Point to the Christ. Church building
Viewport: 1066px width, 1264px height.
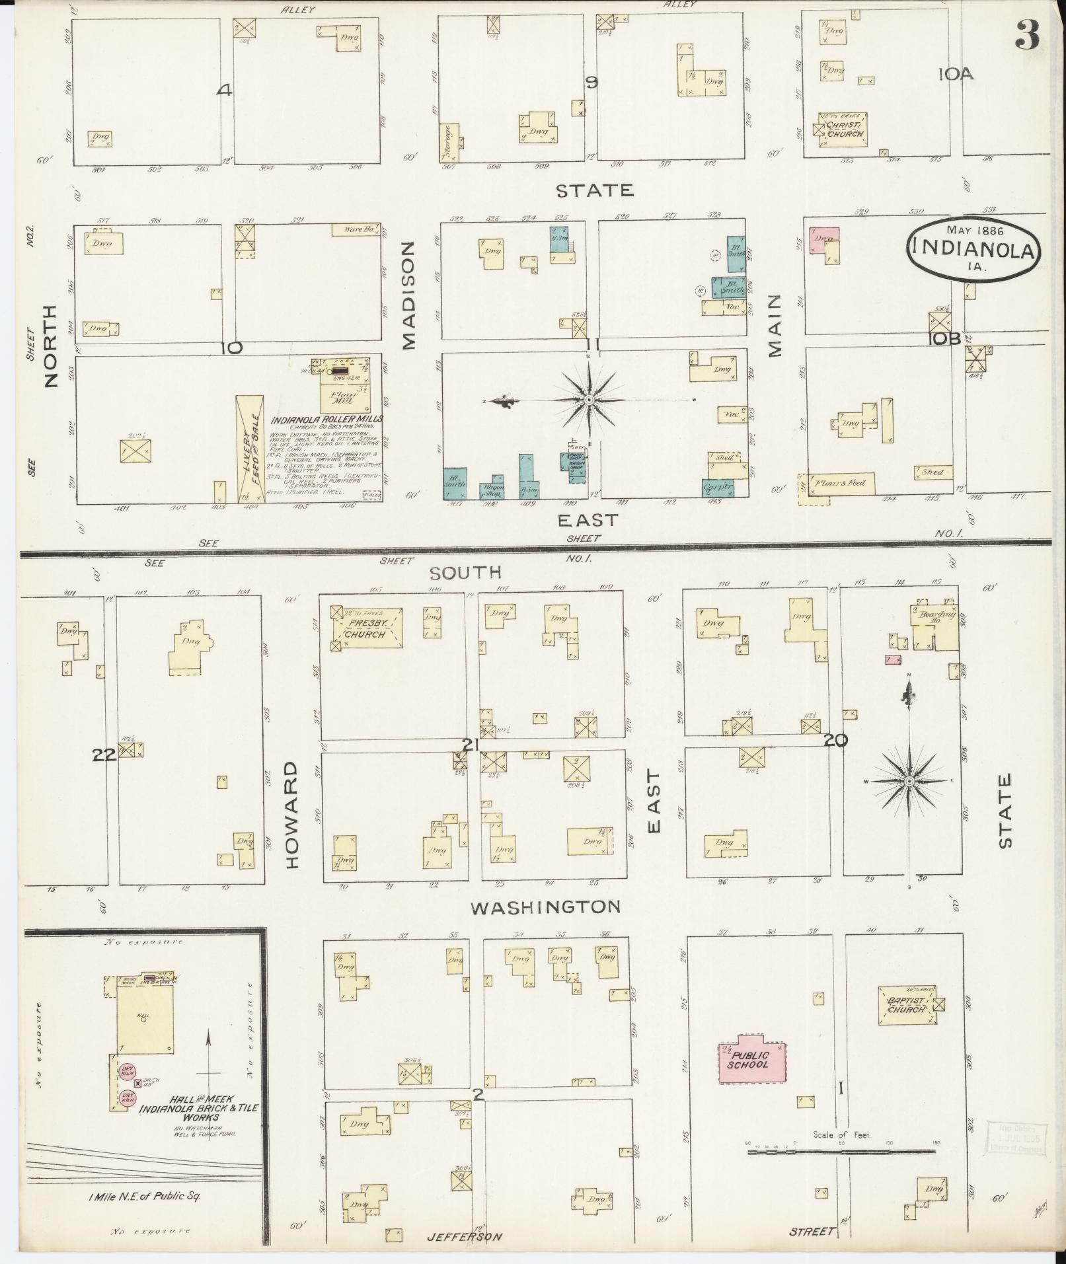tap(843, 130)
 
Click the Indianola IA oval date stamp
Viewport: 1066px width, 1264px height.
tap(975, 248)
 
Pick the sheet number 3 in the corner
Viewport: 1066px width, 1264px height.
tap(1028, 36)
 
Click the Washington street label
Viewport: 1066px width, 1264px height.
tap(545, 907)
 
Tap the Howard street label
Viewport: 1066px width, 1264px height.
tap(293, 814)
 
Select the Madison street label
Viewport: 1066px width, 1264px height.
tap(408, 295)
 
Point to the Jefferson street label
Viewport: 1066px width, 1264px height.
tap(463, 1236)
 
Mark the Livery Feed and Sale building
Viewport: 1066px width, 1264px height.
tap(250, 449)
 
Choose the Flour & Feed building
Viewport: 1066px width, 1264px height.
tap(841, 483)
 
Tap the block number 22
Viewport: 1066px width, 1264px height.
tap(104, 755)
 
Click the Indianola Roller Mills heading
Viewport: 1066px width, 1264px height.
tap(327, 419)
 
